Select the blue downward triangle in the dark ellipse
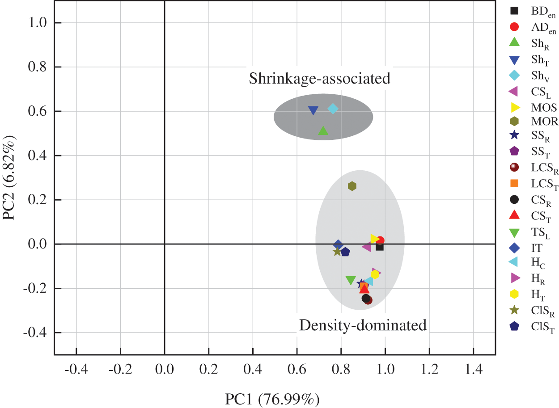pyautogui.click(x=313, y=110)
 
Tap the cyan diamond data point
pyautogui.click(x=333, y=109)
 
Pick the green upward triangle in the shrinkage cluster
pyautogui.click(x=323, y=130)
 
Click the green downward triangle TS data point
pyautogui.click(x=351, y=280)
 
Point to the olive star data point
pyautogui.click(x=337, y=252)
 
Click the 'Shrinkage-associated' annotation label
pyautogui.click(x=319, y=79)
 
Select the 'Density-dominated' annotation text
pyautogui.click(x=363, y=325)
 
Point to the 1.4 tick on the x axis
pyautogui.click(x=473, y=369)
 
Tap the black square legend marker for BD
pyautogui.click(x=514, y=10)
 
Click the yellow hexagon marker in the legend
pyautogui.click(x=514, y=294)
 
